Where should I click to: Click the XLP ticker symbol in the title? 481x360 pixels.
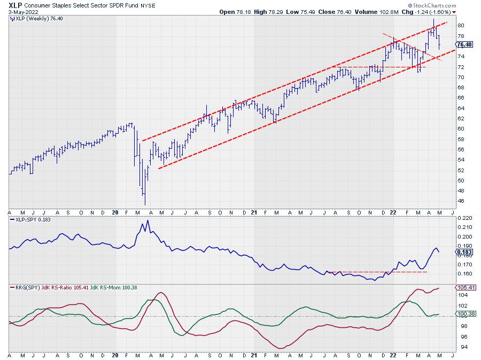pyautogui.click(x=15, y=4)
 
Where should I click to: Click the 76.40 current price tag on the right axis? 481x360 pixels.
pyautogui.click(x=463, y=45)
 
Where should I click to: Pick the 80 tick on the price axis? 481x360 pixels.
pyautogui.click(x=460, y=26)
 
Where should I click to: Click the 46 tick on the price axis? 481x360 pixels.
pyautogui.click(x=460, y=201)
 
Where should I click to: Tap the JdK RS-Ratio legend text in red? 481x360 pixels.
pyautogui.click(x=73, y=287)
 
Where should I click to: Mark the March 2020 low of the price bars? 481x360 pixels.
pyautogui.click(x=145, y=204)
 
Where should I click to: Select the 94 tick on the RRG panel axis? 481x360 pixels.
pyautogui.click(x=460, y=347)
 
